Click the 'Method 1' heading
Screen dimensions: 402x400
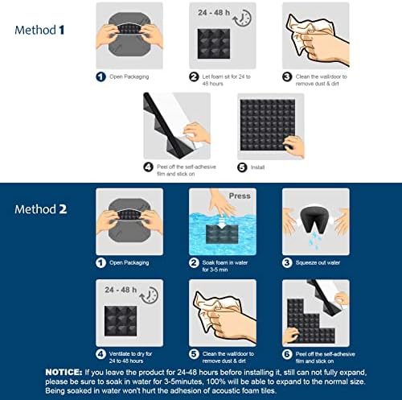click(x=39, y=30)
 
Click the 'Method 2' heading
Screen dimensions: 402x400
click(x=41, y=209)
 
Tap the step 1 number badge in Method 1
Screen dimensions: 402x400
click(x=100, y=76)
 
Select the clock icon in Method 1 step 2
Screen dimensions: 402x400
click(x=242, y=18)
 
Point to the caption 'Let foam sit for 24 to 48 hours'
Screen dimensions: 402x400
click(x=226, y=80)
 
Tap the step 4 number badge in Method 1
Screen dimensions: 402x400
click(x=148, y=167)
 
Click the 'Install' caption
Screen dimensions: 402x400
click(x=257, y=167)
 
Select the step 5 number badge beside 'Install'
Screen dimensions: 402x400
click(x=242, y=167)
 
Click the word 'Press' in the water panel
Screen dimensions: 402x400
click(x=240, y=196)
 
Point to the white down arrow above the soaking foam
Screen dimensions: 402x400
click(x=222, y=223)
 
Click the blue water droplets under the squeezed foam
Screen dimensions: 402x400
click(x=314, y=240)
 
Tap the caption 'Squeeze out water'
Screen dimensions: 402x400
click(x=318, y=262)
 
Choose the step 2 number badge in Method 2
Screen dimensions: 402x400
click(x=194, y=262)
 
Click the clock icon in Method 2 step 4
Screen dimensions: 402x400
click(x=149, y=295)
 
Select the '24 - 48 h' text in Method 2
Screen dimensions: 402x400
click(x=121, y=290)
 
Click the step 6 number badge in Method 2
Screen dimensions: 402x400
click(x=287, y=354)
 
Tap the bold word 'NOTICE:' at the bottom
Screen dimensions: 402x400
click(x=64, y=372)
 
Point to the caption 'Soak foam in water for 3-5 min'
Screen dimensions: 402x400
click(x=225, y=266)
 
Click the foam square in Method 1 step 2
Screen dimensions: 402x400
click(x=214, y=43)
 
